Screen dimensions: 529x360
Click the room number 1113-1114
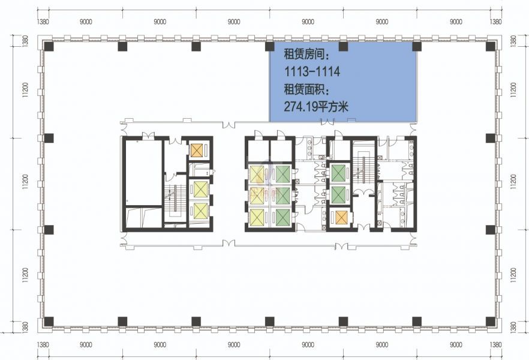click(312, 71)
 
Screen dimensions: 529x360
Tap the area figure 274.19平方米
click(316, 107)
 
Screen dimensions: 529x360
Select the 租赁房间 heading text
click(306, 54)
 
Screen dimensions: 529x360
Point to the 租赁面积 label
click(306, 89)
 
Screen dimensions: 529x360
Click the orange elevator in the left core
click(196, 150)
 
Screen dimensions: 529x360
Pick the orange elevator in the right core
click(341, 218)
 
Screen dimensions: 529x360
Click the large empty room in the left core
click(143, 172)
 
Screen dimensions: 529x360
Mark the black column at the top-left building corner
click(49, 46)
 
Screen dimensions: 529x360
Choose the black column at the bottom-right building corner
click(491, 322)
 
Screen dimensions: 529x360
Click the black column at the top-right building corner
click(491, 46)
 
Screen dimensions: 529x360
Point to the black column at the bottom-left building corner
click(49, 322)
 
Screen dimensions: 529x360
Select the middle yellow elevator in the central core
click(257, 196)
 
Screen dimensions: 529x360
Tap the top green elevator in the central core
click(282, 174)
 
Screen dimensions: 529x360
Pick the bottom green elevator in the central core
click(282, 217)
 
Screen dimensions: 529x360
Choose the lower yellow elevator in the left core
click(200, 210)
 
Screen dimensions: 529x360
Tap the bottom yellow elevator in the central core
click(257, 217)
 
